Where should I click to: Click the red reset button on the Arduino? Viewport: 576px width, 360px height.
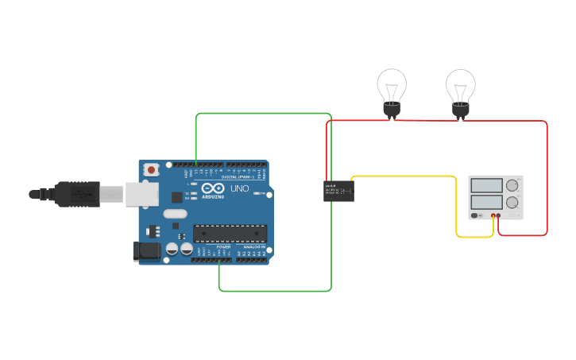[151, 169]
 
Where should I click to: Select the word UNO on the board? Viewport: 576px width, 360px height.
[239, 189]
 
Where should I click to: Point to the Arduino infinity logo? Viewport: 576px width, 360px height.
[212, 190]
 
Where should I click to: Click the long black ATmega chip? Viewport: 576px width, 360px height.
[230, 234]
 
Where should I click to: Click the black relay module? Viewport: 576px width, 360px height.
[338, 191]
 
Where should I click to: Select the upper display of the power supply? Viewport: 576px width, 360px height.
[486, 185]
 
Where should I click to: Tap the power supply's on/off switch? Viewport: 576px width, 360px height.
[476, 215]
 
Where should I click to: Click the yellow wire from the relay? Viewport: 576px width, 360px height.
[405, 176]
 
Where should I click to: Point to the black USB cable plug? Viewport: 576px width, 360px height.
[75, 193]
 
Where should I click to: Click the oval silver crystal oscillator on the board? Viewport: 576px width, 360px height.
[175, 213]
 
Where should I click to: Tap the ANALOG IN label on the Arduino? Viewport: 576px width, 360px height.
[254, 247]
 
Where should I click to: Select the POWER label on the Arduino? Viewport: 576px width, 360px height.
[223, 247]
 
